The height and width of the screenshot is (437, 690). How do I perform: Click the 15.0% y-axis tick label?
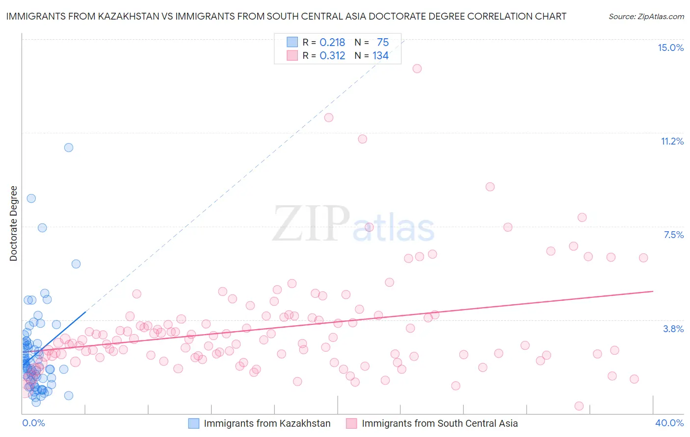(670, 48)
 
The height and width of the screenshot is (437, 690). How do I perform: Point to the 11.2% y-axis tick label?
(672, 141)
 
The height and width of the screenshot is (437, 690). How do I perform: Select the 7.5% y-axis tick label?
(673, 235)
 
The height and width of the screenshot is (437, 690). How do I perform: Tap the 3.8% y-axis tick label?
(673, 329)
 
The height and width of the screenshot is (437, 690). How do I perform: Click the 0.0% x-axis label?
(33, 423)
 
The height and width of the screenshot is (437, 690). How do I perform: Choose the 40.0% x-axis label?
(669, 423)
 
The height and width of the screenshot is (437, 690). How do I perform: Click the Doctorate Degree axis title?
(13, 223)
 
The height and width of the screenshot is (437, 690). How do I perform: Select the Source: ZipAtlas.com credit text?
(646, 16)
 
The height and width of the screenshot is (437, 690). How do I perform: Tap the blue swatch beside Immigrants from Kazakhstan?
(194, 423)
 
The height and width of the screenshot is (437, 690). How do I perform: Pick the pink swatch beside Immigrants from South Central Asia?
(351, 423)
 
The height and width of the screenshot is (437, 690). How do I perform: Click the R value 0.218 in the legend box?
(332, 42)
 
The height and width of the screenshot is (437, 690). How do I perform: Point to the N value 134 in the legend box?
(380, 55)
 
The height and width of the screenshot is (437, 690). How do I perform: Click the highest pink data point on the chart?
(417, 69)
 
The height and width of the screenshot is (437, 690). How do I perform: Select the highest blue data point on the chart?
(69, 147)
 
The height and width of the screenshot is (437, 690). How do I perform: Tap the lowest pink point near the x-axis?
(579, 406)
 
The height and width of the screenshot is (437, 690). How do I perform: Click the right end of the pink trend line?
(653, 291)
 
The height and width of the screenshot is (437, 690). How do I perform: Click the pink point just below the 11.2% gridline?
(363, 139)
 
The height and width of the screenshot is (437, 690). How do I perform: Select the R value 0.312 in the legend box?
(332, 55)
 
